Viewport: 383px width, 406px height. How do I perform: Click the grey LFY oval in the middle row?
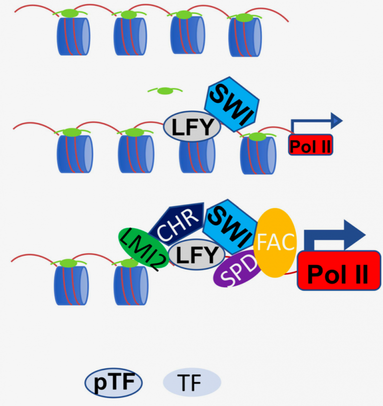pyautogui.click(x=192, y=126)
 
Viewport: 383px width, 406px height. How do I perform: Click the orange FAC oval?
pyautogui.click(x=275, y=242)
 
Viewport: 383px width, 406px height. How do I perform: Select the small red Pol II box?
pyautogui.click(x=311, y=145)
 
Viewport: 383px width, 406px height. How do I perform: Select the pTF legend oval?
pyautogui.click(x=113, y=383)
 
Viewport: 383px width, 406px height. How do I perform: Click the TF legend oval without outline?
pyautogui.click(x=192, y=383)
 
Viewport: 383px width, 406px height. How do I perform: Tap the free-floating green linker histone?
pyautogui.click(x=165, y=91)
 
